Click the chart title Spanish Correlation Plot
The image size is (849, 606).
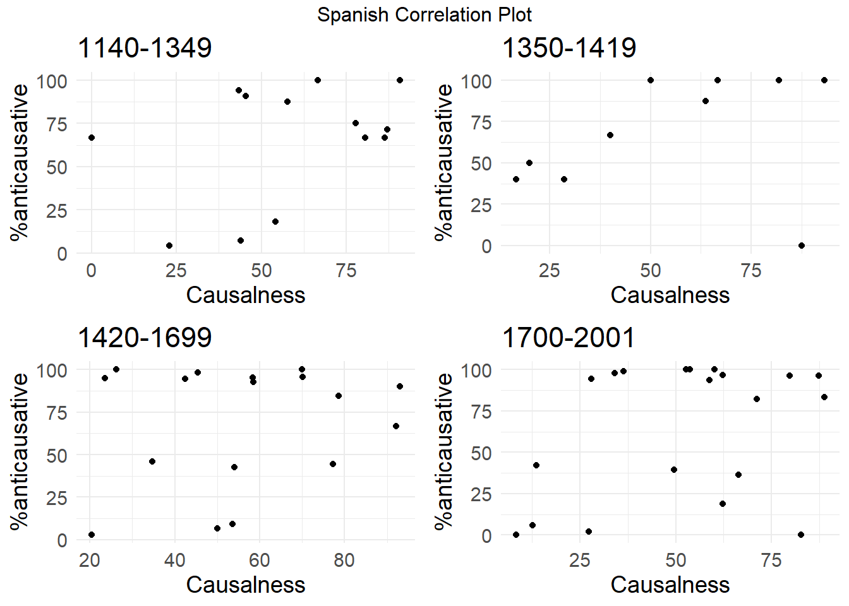tap(424, 15)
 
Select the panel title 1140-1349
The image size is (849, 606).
tap(145, 48)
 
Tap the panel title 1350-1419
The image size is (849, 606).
tap(569, 48)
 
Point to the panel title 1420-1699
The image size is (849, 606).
tap(145, 337)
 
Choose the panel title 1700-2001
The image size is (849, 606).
tap(568, 337)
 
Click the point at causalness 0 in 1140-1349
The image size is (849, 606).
tap(92, 138)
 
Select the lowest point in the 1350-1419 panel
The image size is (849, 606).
tap(802, 246)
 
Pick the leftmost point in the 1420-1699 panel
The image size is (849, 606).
tap(92, 535)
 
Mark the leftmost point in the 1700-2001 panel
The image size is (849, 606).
tap(516, 535)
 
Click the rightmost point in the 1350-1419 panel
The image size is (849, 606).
tap(824, 80)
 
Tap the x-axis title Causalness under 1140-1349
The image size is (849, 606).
tap(246, 295)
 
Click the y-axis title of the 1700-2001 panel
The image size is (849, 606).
tap(444, 450)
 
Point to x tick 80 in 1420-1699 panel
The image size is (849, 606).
tap(344, 560)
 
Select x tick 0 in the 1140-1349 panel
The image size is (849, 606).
tap(92, 271)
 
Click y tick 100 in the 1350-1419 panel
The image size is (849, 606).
tap(476, 81)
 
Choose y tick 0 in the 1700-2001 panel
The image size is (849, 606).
tap(486, 536)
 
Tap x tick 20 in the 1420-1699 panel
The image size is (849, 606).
tap(90, 560)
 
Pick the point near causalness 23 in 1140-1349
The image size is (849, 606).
tap(169, 246)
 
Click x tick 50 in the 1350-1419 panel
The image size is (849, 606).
tap(651, 271)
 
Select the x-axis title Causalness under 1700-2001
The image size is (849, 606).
tap(670, 585)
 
